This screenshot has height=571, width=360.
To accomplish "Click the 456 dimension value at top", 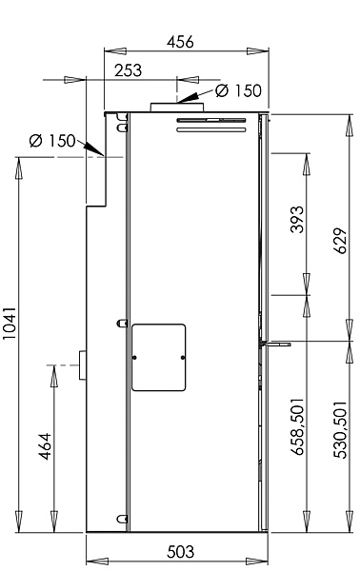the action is (180, 42).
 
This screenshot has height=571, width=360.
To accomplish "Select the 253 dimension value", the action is (128, 70).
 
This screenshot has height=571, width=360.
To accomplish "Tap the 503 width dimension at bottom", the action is (181, 552).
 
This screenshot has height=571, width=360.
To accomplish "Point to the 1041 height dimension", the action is (10, 324).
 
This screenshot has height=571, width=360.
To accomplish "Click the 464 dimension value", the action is (45, 446).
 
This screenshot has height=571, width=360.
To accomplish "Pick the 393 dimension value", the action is (297, 219).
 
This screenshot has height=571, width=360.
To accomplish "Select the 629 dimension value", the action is (340, 241).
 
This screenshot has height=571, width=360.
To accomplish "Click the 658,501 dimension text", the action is (297, 426).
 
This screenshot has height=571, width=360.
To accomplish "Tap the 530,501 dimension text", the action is (340, 430).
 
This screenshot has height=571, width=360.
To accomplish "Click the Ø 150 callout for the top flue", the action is (238, 90).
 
